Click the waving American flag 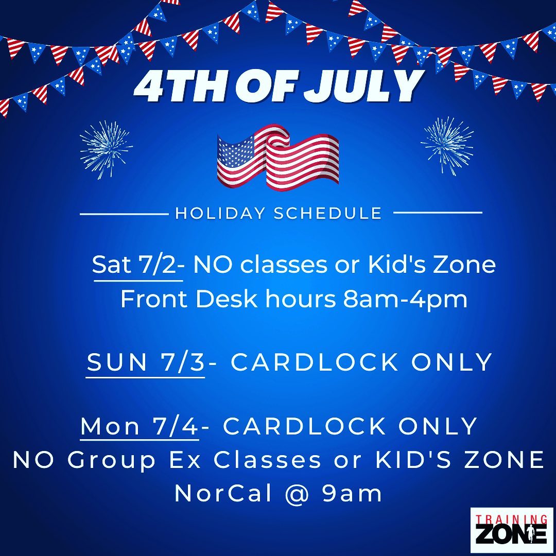pos(277,157)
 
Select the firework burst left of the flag pos(106,149)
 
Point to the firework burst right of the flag pos(447,144)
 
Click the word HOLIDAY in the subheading pos(220,214)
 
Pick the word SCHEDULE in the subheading pos(328,214)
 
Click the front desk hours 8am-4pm pos(405,300)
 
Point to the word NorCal pos(223,493)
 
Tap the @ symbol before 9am pos(297,494)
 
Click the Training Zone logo pos(512,530)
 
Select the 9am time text pos(352,494)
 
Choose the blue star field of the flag pos(235,152)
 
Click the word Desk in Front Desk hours pos(226,299)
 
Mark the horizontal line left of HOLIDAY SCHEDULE pos(124,214)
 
